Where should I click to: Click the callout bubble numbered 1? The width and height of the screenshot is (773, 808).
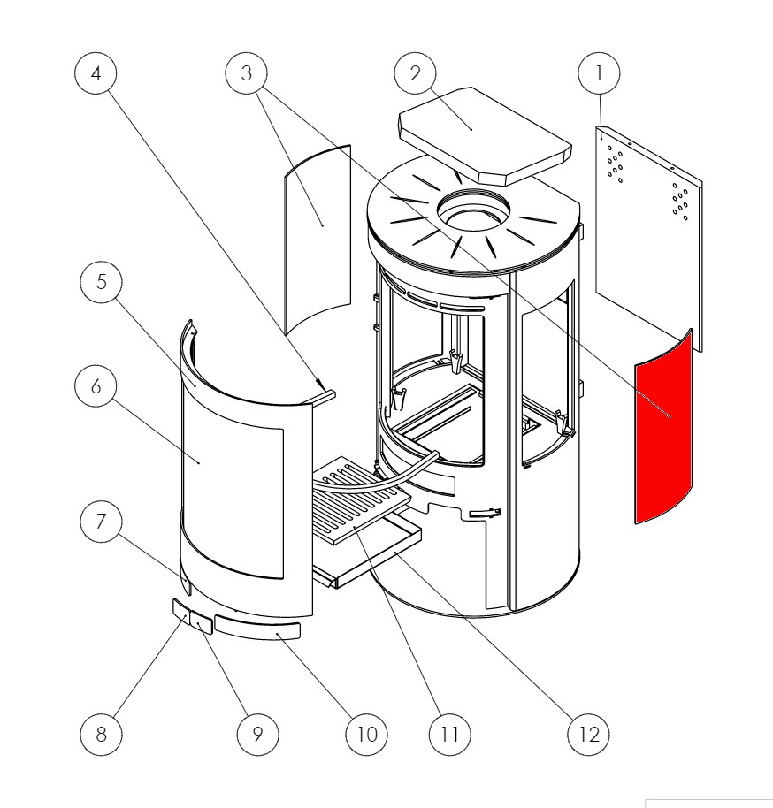pos(600,74)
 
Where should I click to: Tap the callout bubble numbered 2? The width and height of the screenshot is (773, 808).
pos(416,74)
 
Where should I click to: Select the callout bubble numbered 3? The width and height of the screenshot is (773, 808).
pos(247,74)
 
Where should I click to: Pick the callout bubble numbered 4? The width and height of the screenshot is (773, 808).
pos(96,74)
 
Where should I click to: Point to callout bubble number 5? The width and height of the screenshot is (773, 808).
pos(101,282)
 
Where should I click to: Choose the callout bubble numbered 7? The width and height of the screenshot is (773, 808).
pos(101,522)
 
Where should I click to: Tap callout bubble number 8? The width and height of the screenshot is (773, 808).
pos(101,734)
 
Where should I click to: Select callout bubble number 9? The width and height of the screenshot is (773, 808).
pos(257,734)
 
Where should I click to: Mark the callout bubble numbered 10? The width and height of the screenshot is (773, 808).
pos(367,734)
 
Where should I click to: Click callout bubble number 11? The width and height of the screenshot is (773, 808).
pos(449,734)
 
